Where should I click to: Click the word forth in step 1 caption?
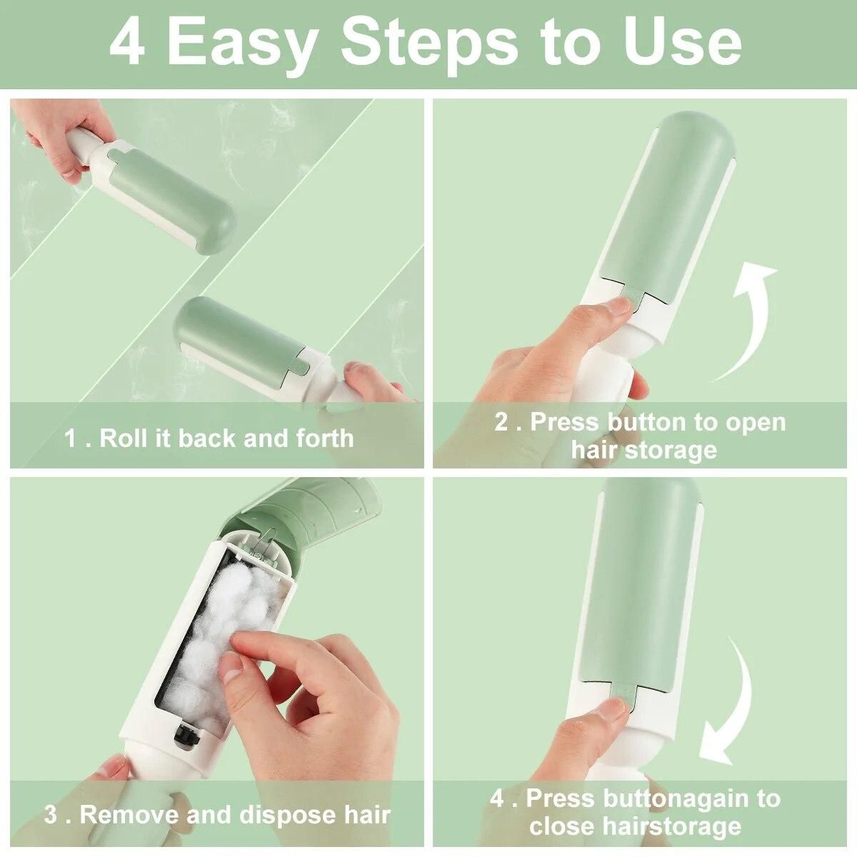(326, 438)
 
